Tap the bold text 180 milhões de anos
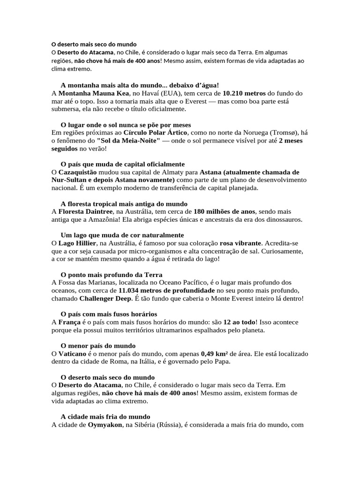(224, 211)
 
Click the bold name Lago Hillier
(77, 243)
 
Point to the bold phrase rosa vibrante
(240, 243)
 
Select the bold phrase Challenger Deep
(106, 298)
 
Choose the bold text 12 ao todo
(240, 322)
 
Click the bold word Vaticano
(72, 354)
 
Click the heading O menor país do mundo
(98, 345)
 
